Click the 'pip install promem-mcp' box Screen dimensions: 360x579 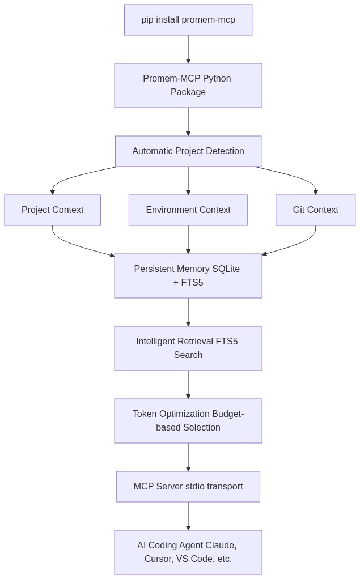(x=188, y=20)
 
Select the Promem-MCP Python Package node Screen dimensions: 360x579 (x=188, y=86)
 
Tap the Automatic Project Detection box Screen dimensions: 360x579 (x=188, y=151)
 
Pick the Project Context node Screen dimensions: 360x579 (x=53, y=210)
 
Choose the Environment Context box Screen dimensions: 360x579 (x=188, y=210)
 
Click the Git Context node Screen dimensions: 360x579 (x=316, y=210)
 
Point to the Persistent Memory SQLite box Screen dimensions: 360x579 (x=188, y=276)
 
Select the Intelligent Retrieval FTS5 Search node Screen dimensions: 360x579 (x=188, y=348)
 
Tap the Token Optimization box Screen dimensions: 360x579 (x=188, y=420)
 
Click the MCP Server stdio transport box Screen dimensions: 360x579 (x=188, y=486)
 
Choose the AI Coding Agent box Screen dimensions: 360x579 (x=188, y=552)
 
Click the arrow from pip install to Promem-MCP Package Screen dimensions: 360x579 (x=188, y=49)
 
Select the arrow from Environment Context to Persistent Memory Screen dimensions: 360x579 (x=188, y=240)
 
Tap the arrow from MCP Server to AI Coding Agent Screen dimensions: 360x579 (x=188, y=516)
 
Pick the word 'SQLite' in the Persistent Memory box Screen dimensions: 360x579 (x=226, y=269)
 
